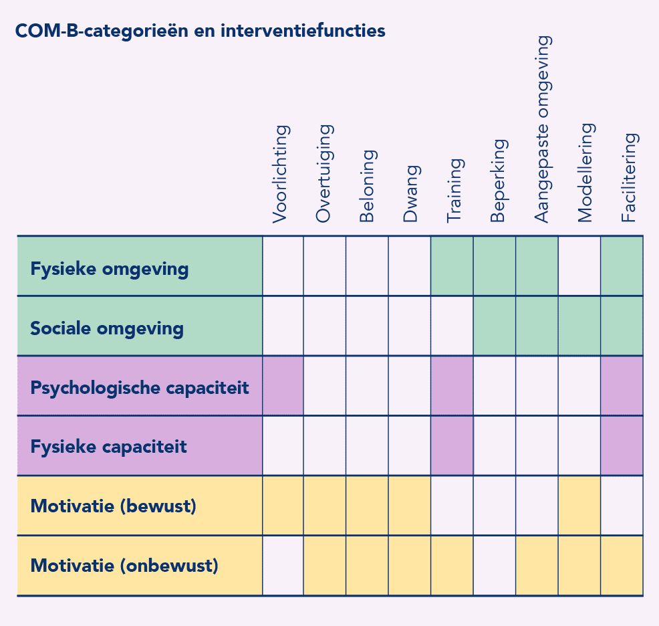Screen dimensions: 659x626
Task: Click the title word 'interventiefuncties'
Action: click(303, 31)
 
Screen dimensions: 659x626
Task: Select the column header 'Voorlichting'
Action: click(281, 174)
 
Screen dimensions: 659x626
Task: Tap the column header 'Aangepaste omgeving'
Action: click(543, 128)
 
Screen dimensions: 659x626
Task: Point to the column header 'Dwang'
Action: click(410, 193)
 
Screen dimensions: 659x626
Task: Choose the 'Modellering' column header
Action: click(586, 173)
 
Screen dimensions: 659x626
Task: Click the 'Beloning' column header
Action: click(368, 186)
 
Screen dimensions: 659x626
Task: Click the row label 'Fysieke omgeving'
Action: click(109, 269)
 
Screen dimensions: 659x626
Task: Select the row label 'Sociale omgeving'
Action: click(107, 328)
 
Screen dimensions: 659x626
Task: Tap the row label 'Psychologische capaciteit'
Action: click(140, 388)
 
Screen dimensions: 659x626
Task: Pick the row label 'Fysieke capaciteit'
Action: click(108, 447)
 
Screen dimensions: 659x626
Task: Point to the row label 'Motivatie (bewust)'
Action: click(114, 506)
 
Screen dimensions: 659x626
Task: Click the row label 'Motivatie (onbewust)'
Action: click(124, 566)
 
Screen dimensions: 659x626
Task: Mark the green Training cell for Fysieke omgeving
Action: click(452, 266)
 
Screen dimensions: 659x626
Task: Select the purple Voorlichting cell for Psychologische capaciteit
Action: click(283, 386)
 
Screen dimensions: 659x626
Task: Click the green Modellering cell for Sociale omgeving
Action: click(579, 326)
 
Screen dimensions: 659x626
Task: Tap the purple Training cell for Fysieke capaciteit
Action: click(452, 446)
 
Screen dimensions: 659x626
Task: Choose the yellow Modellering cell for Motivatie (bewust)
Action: click(579, 506)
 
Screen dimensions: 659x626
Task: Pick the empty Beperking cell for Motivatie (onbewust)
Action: click(495, 565)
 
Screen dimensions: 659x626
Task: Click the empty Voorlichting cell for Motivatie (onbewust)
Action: click(283, 565)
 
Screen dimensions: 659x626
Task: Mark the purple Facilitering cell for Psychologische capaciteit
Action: click(622, 386)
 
